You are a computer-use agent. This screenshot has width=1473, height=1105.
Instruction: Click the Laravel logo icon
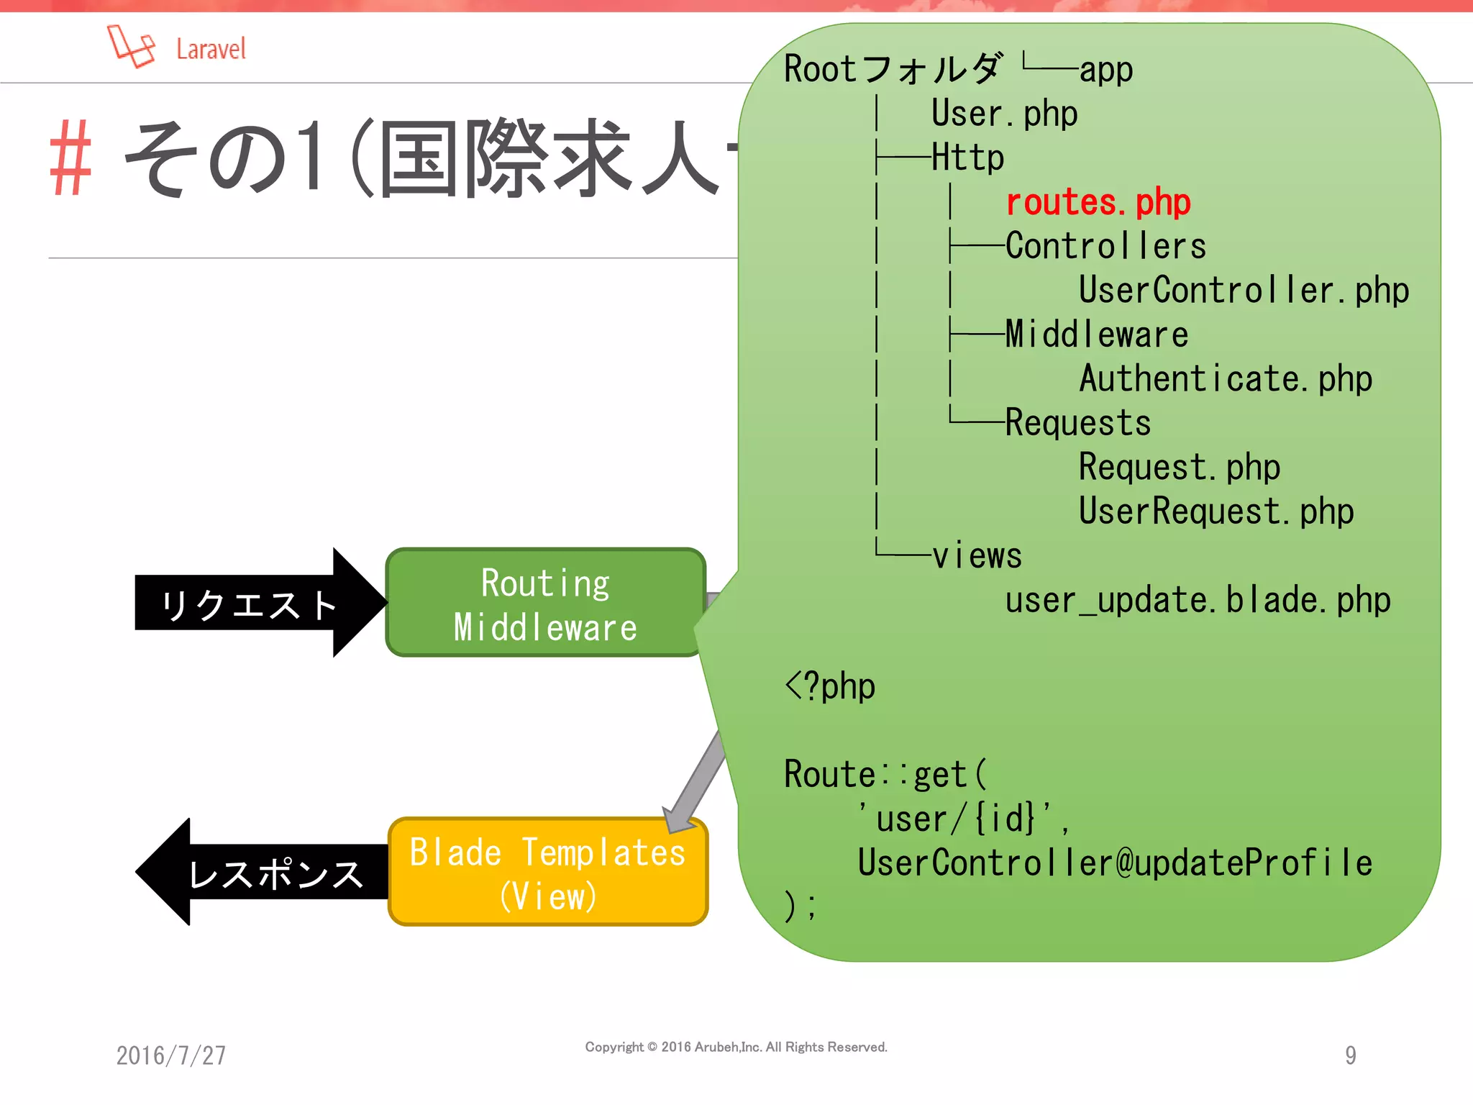tap(131, 46)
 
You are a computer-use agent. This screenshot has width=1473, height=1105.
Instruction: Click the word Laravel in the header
tap(211, 50)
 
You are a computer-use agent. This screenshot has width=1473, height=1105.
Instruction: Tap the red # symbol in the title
tap(70, 158)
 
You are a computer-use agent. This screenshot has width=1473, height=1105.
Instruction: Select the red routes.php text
tap(1098, 202)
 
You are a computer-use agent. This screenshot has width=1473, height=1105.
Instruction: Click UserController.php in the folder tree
tap(1244, 291)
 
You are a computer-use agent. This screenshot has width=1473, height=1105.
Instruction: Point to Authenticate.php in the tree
tap(1226, 379)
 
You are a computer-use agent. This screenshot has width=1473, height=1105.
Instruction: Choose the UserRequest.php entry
tap(1216, 511)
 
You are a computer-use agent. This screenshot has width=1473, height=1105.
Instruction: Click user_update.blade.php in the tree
tap(1198, 600)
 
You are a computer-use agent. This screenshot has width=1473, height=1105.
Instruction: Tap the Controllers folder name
tap(1105, 246)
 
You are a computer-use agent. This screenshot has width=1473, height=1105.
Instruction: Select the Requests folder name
tap(1077, 423)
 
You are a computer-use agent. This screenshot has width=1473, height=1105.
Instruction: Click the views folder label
tap(977, 556)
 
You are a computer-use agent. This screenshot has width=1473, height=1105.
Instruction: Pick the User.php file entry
tap(1004, 114)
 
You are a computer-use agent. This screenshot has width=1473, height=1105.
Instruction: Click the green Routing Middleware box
tap(545, 603)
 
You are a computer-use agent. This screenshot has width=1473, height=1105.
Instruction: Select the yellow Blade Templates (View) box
tap(548, 872)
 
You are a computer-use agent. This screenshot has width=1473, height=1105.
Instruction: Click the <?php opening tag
tap(830, 686)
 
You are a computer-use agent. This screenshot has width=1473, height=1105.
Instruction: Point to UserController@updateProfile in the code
tap(1115, 863)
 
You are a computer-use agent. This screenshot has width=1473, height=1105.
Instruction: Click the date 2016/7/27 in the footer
tap(171, 1055)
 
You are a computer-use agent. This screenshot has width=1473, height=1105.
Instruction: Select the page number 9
tap(1350, 1055)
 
